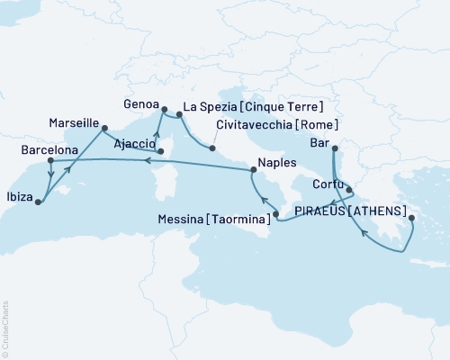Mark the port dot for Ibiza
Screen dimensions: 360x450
coord(38,202)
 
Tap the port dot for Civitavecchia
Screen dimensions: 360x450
coord(213,148)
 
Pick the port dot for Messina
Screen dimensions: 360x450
coord(276,213)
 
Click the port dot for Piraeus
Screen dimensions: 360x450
coord(411,218)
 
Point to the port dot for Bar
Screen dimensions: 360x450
coord(334,148)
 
